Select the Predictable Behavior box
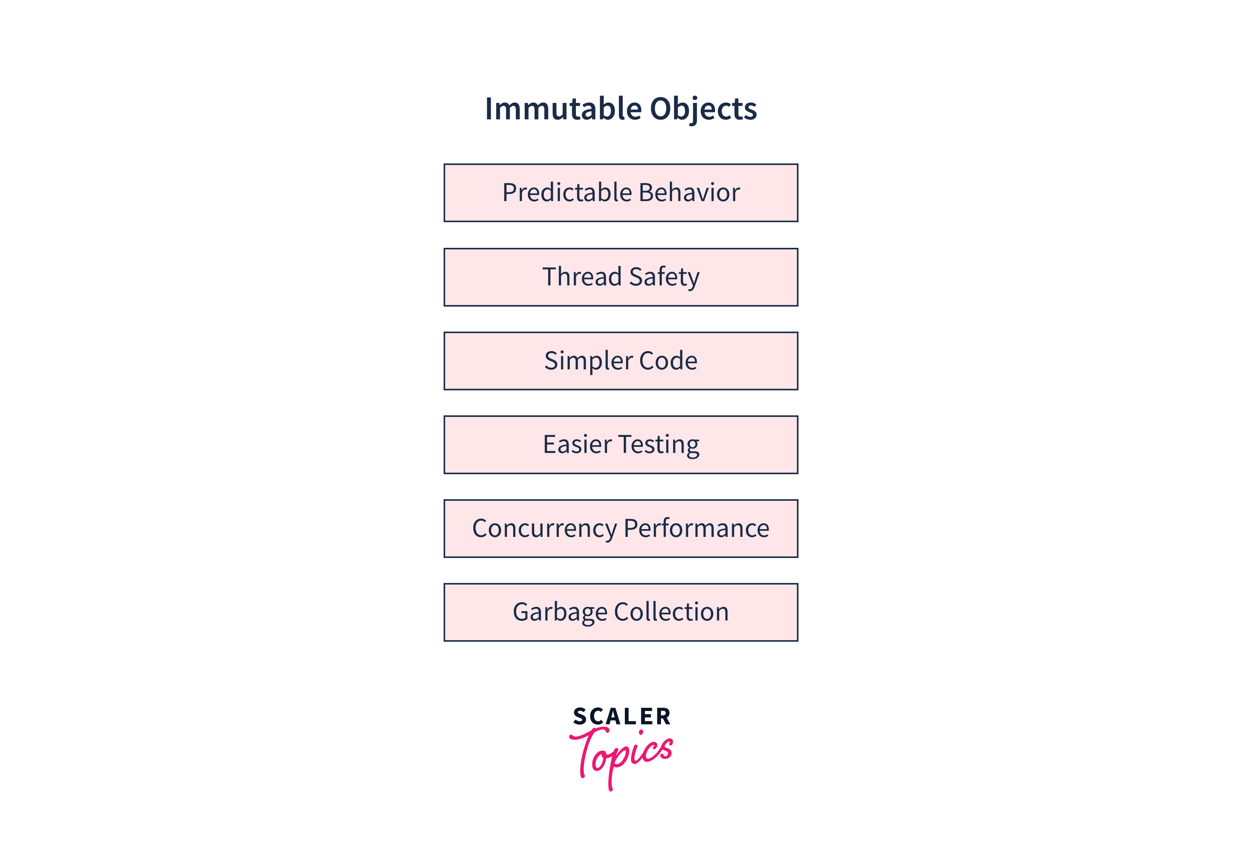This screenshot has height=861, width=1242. (x=621, y=193)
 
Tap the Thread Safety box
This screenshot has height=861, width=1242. (x=621, y=277)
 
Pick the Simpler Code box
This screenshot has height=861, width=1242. (x=621, y=361)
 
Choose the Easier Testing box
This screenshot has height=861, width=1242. (x=621, y=445)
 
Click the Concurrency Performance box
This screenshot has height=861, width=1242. (x=621, y=528)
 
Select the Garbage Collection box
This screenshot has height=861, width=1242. (x=621, y=612)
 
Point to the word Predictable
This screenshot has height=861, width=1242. (x=567, y=193)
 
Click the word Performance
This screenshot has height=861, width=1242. (x=697, y=528)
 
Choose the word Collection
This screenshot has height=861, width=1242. (x=672, y=612)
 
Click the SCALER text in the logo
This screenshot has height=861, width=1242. (x=622, y=717)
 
